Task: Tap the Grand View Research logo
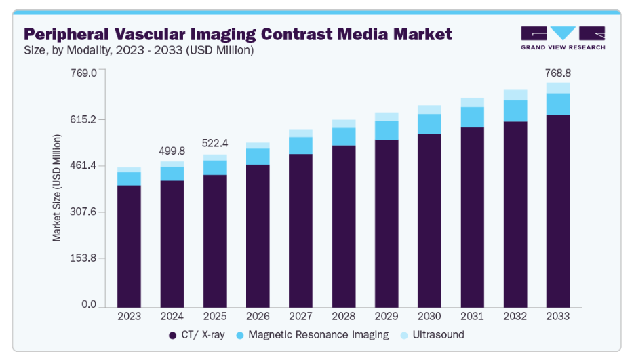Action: [562, 38]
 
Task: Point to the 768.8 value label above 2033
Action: [558, 73]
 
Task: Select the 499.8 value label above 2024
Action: [172, 151]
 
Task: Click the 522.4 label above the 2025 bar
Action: [215, 144]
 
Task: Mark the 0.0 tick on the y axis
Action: [89, 304]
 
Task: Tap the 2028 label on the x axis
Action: [344, 316]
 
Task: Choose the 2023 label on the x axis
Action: [129, 316]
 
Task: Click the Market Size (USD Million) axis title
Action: [58, 188]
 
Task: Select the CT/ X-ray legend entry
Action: [203, 335]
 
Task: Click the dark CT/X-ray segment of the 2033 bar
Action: [558, 210]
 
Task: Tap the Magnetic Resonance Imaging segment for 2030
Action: [429, 123]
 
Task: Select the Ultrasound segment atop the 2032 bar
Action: [515, 95]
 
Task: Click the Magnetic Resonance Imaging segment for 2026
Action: [258, 157]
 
